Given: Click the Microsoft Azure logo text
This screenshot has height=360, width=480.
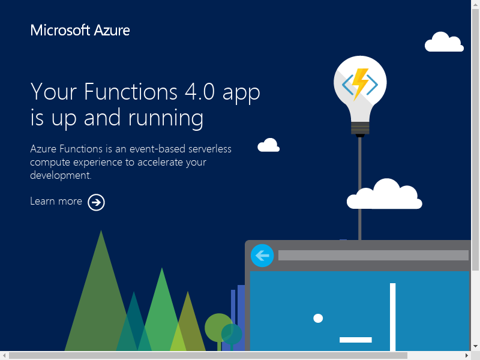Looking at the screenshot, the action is (80, 31).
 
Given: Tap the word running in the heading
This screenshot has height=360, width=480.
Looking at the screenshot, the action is (166, 118).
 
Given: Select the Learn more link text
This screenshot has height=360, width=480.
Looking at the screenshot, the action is (56, 201).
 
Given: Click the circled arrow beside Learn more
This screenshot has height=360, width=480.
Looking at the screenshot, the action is (96, 202).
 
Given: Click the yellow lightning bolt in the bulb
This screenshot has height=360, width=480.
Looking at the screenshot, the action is (360, 83).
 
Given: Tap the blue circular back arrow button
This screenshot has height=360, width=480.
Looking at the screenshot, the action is (262, 256).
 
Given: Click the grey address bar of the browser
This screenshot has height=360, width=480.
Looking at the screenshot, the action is (373, 256).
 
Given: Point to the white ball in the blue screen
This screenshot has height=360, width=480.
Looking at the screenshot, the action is (318, 319).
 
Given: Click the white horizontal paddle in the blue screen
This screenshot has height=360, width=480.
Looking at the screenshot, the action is (355, 340).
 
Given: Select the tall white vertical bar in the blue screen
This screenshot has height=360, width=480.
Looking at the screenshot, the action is (392, 317).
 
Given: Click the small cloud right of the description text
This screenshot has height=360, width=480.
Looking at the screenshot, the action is (268, 145).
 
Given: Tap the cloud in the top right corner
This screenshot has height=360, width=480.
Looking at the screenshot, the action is (444, 41).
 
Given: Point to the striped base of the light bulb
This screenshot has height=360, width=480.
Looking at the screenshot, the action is (360, 128).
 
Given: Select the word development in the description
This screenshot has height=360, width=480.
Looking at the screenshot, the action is (61, 175).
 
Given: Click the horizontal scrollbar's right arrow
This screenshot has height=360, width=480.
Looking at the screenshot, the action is (467, 355).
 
